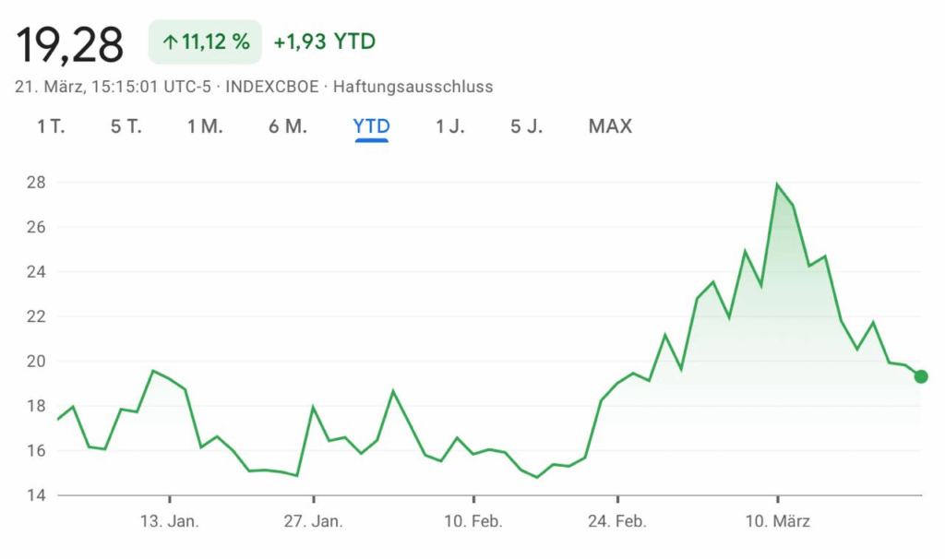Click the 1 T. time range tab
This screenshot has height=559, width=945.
tap(51, 126)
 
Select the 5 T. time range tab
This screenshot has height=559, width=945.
tap(126, 126)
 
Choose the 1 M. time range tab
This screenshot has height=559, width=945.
tap(205, 126)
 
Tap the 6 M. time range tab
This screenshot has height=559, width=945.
tap(288, 126)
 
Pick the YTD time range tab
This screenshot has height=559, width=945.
tap(371, 126)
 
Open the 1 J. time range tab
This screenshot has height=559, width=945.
tap(450, 126)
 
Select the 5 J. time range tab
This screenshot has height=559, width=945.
tap(527, 126)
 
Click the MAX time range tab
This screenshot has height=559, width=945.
tap(610, 126)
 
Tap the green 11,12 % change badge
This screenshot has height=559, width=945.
tap(205, 42)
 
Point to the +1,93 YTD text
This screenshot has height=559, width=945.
tap(325, 42)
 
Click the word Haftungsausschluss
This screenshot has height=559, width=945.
tap(413, 88)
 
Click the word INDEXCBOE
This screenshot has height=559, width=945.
tap(273, 88)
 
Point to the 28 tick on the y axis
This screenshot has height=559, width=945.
tap(36, 183)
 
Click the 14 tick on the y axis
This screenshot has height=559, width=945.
tap(36, 495)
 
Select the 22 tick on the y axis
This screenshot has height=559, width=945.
tap(36, 316)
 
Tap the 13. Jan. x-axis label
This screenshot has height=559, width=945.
tap(169, 522)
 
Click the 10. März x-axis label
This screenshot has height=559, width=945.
tap(777, 522)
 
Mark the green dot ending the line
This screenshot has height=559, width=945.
tap(920, 376)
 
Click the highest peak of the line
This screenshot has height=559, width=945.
tap(777, 184)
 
